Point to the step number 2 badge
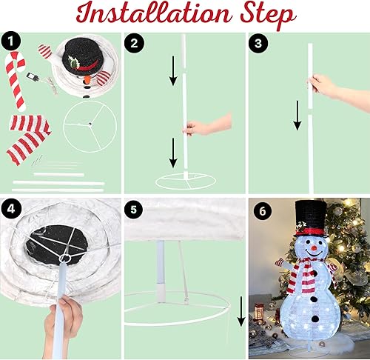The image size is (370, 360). [x=133, y=43]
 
